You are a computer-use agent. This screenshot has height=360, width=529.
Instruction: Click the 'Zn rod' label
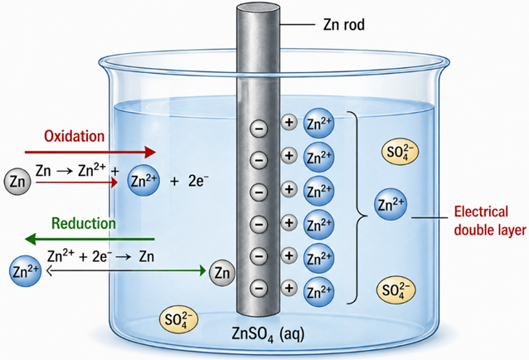tap(344, 25)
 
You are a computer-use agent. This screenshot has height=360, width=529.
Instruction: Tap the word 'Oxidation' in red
tap(75, 136)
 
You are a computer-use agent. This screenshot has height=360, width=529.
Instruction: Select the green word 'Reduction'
tap(84, 223)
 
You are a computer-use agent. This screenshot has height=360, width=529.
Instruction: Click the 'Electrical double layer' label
tap(490, 221)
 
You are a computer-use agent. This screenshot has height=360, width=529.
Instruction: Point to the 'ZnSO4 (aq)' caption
tap(268, 334)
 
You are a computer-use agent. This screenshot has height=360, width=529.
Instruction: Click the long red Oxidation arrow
tap(90, 152)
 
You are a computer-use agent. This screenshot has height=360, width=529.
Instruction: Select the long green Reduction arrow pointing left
tap(90, 239)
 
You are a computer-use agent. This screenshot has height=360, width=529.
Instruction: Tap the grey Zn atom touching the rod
tap(221, 273)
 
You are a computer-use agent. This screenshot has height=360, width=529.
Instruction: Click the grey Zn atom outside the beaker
tap(17, 182)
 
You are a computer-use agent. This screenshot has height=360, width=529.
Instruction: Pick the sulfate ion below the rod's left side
tap(178, 319)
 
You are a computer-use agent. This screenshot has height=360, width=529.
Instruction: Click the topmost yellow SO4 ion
tap(400, 152)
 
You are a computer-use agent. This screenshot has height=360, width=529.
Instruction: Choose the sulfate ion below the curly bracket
tap(396, 290)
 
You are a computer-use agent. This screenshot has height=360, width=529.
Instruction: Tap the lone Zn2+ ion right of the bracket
tap(391, 204)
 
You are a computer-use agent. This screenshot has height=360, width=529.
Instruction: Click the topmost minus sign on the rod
tap(259, 129)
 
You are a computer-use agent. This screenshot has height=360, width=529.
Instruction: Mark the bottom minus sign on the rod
tap(259, 288)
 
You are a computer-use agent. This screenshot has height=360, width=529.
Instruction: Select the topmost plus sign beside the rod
tap(289, 122)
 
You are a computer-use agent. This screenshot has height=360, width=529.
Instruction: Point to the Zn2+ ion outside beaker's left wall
tap(26, 271)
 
